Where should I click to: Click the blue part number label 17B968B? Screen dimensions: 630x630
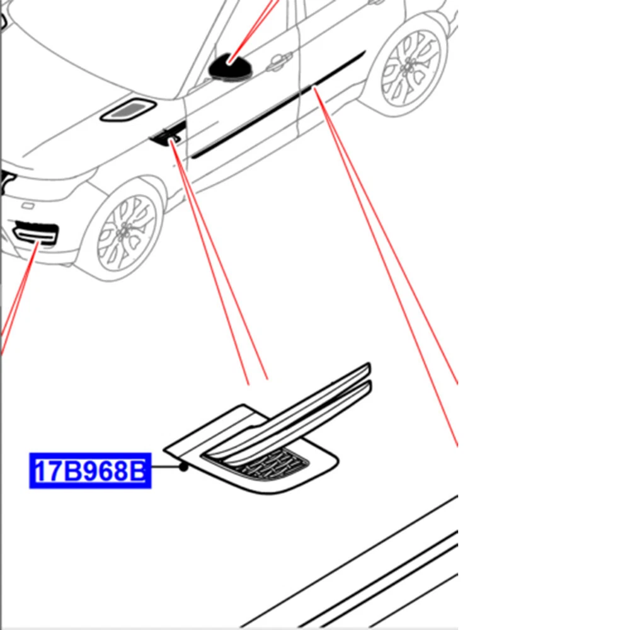point(90,471)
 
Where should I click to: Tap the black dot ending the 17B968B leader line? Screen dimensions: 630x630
point(183,467)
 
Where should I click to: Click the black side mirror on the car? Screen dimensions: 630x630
point(230,67)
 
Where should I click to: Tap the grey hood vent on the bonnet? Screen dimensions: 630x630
point(128,109)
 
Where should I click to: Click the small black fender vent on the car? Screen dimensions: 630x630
point(168,134)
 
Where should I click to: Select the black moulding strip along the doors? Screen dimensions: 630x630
point(277,105)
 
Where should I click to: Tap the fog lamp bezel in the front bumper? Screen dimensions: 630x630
point(35,234)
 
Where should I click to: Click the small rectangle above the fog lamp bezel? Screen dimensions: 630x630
point(28,206)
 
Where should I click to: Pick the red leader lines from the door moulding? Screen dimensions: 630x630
point(386,267)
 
